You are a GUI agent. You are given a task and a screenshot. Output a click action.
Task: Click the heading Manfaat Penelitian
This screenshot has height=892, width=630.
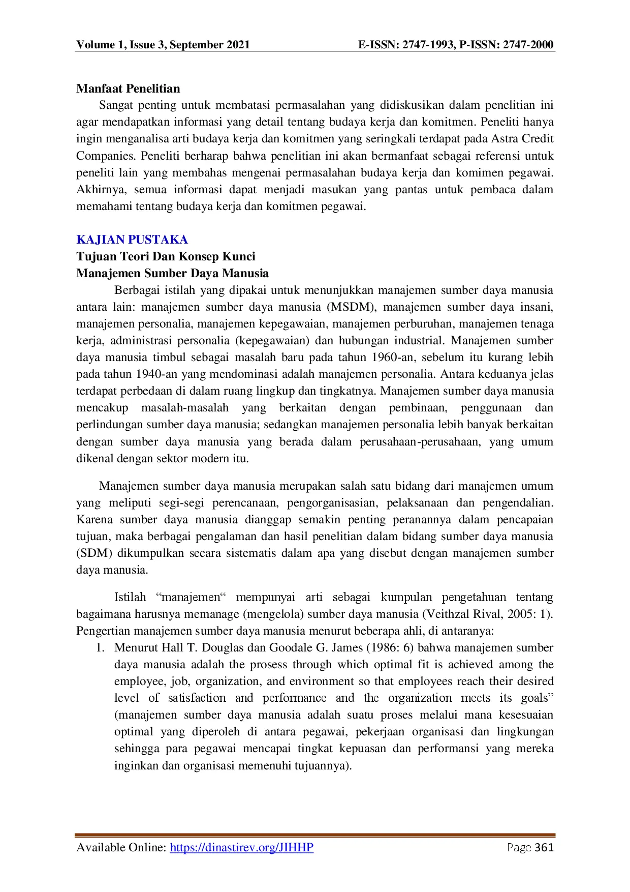pos(128,88)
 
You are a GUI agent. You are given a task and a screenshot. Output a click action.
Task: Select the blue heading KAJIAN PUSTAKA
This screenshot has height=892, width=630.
pos(132,240)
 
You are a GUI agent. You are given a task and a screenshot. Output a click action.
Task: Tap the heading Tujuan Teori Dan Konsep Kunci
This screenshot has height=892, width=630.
pos(166,256)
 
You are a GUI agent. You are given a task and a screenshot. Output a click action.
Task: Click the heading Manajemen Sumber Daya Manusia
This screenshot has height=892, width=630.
pos(172,273)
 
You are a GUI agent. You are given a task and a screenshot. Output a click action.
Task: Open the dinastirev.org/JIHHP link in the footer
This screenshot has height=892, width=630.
pos(242,847)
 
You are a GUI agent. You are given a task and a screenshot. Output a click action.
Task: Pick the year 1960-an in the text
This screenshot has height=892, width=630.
pos(394,358)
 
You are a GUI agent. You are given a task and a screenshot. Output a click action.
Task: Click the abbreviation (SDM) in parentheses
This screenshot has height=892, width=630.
pos(94,553)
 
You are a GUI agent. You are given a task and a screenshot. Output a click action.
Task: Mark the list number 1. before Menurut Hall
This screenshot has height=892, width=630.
pos(101,648)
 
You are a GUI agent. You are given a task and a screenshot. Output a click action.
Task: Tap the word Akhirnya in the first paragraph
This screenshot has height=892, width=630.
pos(99,190)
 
